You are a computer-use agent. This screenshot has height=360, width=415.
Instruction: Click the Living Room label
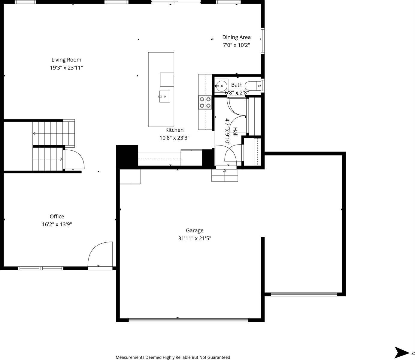tap(66, 60)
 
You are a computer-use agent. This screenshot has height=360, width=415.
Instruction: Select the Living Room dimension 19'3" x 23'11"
tap(66, 68)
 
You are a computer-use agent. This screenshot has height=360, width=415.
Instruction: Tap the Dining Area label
tap(236, 37)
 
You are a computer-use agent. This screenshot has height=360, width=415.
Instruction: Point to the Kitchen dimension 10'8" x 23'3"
tap(174, 138)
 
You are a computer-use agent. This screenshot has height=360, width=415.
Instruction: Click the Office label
tap(57, 216)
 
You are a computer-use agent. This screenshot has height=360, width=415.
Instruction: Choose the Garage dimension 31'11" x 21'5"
tap(194, 238)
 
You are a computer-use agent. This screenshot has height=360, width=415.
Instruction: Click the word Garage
tap(194, 230)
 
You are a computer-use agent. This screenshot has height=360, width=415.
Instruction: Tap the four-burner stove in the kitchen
tap(205, 102)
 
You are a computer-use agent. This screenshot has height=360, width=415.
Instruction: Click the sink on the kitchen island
tap(164, 97)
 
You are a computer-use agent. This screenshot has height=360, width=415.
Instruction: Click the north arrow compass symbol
tap(402, 352)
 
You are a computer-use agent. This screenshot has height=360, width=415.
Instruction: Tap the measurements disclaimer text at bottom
tap(173, 357)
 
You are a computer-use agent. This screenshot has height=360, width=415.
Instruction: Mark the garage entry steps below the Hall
tap(225, 175)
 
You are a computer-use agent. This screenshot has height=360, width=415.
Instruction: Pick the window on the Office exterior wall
tap(41, 268)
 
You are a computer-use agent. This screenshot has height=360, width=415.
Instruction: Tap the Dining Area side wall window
tap(263, 41)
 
